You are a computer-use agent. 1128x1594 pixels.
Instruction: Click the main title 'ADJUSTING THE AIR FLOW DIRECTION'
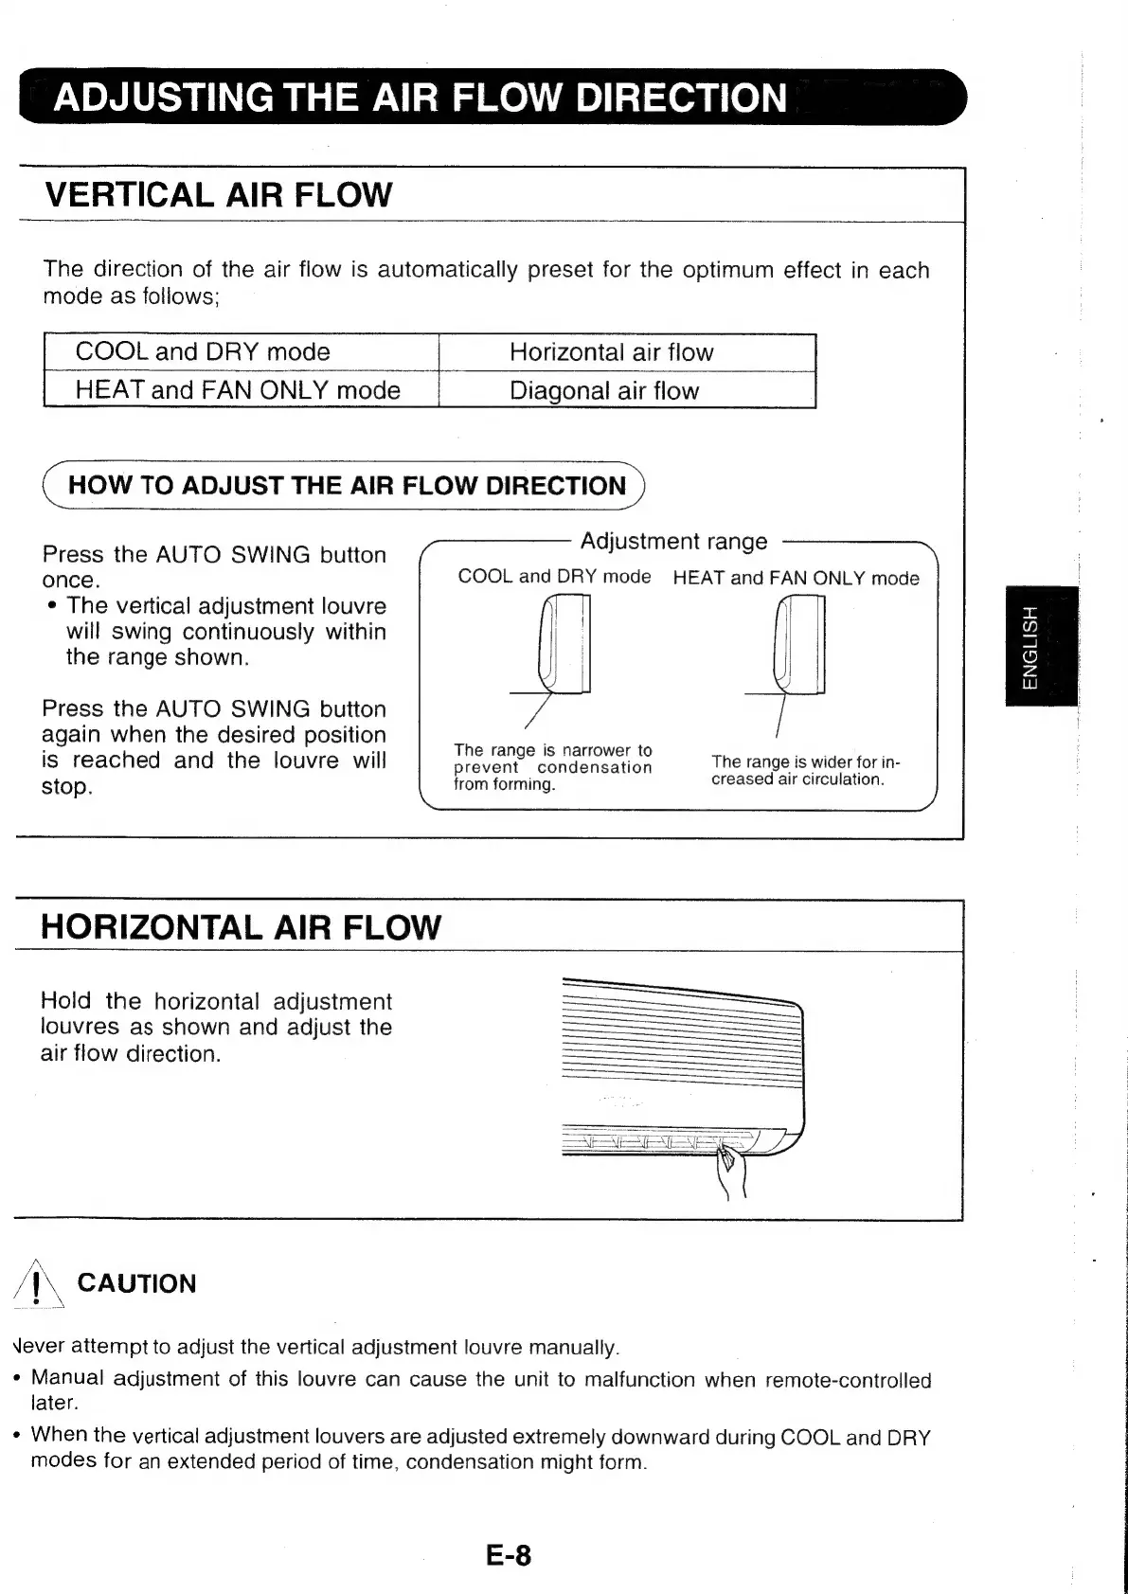420,99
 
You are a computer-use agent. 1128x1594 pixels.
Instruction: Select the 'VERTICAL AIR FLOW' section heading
218,195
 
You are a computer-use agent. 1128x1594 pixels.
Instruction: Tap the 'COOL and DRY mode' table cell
203,352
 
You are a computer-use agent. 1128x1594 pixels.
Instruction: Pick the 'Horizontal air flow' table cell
611,353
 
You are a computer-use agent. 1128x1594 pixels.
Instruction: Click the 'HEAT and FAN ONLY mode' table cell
238,390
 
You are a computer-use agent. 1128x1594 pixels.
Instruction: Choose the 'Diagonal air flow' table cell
603,391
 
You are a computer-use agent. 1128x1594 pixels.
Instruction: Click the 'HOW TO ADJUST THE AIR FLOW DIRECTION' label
347,486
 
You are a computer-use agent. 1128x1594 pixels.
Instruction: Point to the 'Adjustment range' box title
673,541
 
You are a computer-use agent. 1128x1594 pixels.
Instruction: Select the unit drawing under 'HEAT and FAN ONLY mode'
799,644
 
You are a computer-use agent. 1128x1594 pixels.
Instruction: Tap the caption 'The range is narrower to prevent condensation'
552,767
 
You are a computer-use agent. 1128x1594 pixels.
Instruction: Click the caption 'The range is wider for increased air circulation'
804,770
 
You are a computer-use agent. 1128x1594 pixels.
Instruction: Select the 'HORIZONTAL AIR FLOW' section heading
241,926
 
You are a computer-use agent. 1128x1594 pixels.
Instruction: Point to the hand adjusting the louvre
732,1171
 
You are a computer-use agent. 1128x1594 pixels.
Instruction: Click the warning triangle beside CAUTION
36,1285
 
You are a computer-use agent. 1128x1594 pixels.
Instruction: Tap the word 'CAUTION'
136,1283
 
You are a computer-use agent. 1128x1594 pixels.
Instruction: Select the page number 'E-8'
509,1555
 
